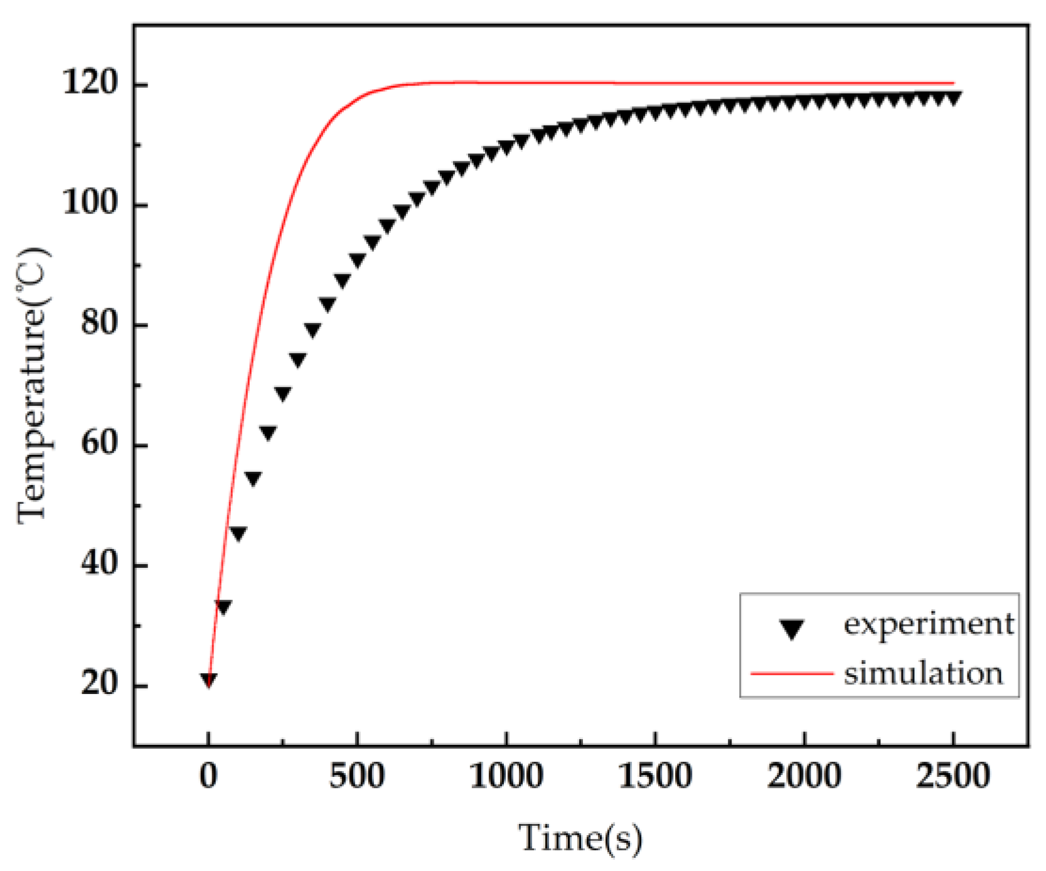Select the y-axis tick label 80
[x=99, y=323]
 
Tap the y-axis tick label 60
[x=99, y=444]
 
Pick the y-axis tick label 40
[x=99, y=564]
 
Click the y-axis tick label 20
[x=99, y=683]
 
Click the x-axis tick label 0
[x=208, y=777]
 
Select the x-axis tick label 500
[x=356, y=777]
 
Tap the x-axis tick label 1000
[x=506, y=777]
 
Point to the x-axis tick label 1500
[x=655, y=777]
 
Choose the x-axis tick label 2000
[x=804, y=777]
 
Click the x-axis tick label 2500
[x=953, y=777]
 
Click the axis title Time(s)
[x=580, y=838]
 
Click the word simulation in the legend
[x=923, y=674]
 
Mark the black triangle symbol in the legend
[x=792, y=628]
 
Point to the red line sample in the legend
[x=792, y=673]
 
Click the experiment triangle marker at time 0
[x=208, y=680]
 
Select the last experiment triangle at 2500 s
[x=953, y=98]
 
